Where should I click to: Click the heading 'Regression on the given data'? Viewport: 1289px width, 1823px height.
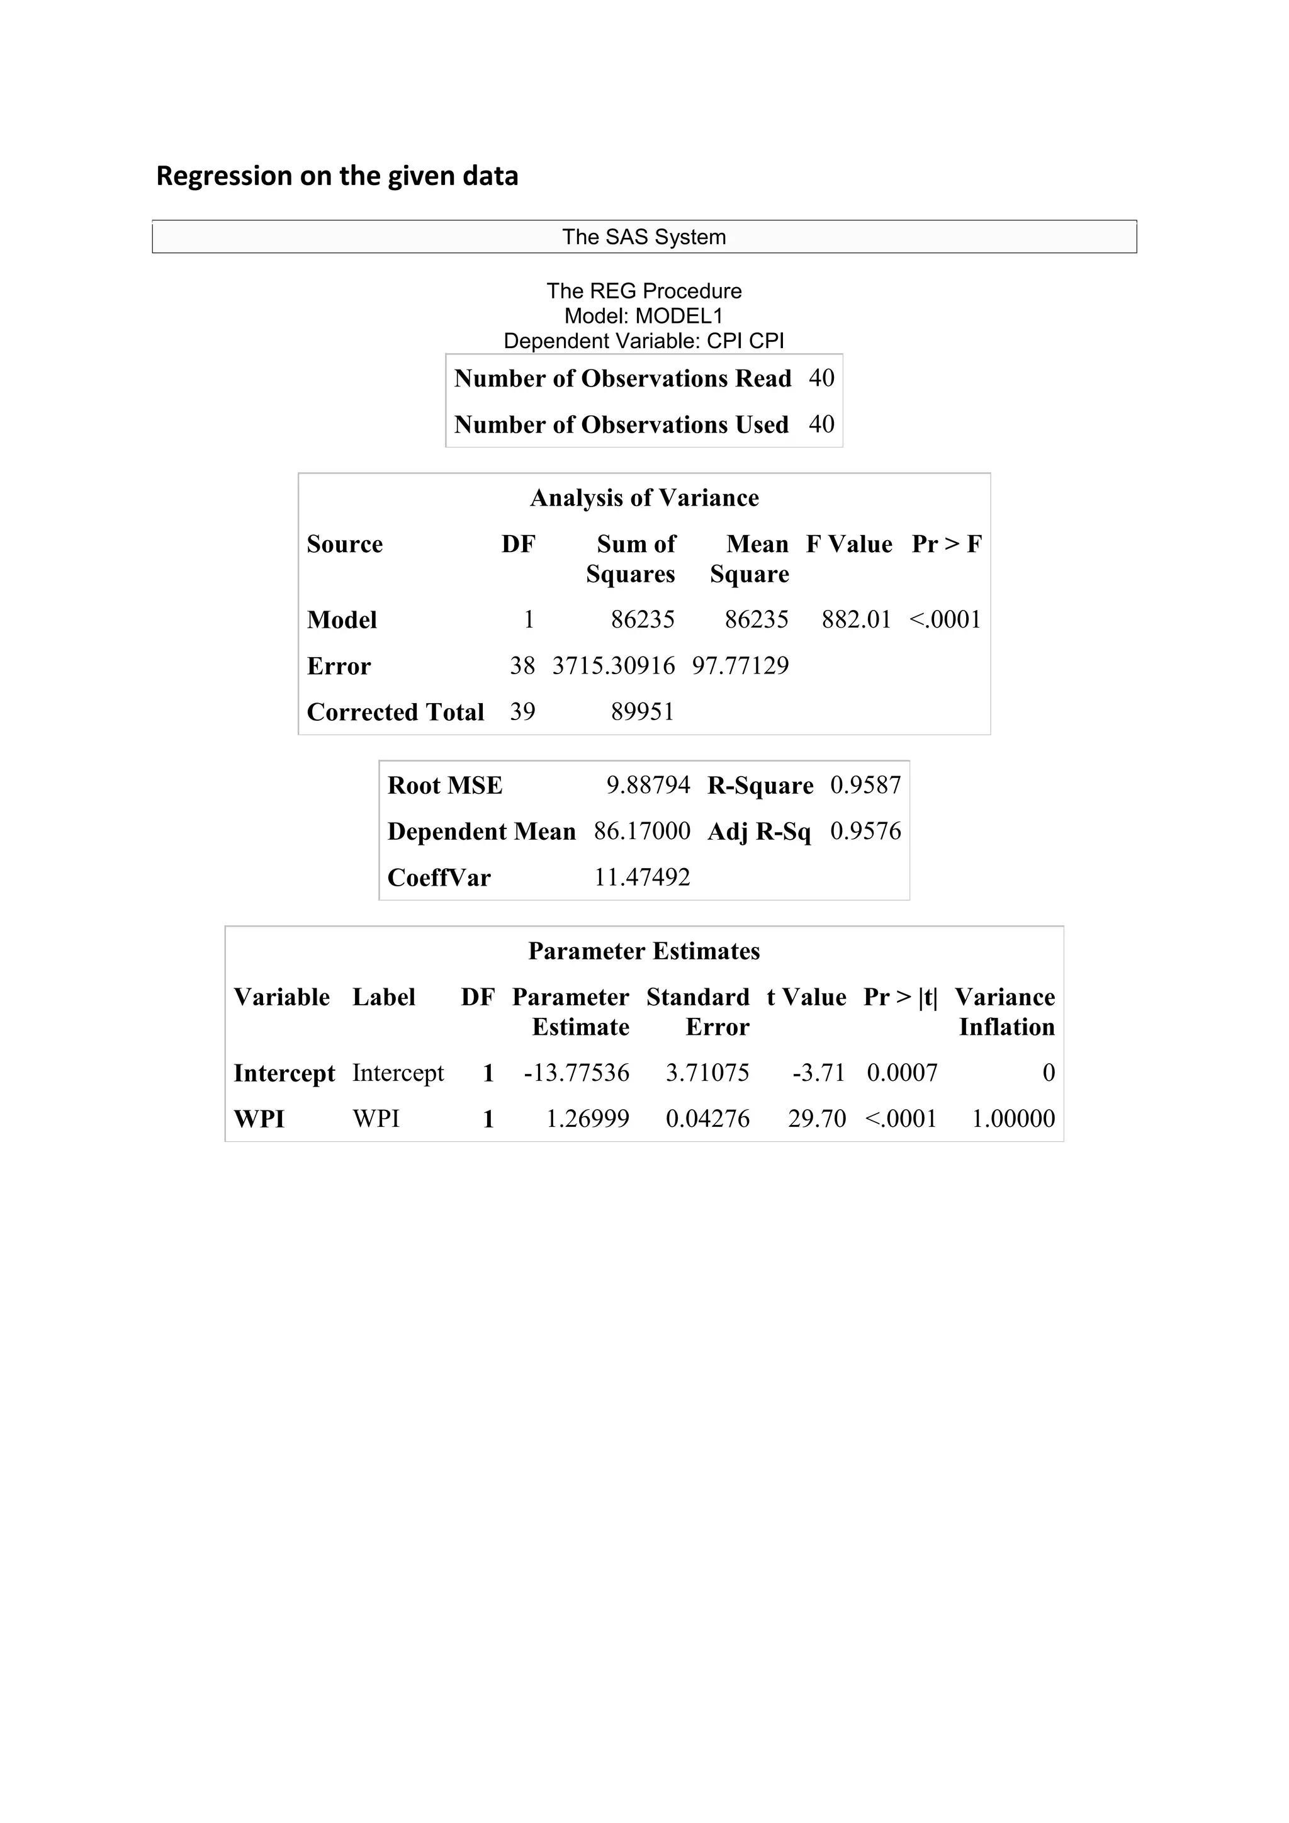(337, 176)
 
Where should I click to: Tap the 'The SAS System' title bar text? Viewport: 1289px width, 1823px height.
(644, 237)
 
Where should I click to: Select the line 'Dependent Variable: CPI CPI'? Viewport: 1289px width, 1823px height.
(644, 341)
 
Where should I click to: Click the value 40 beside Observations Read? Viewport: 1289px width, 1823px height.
(821, 378)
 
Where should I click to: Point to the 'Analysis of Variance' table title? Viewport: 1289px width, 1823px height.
(644, 498)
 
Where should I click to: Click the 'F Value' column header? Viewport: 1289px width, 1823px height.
(848, 544)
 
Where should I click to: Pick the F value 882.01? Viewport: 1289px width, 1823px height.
(857, 619)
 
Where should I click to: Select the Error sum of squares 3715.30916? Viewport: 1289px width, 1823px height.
(614, 665)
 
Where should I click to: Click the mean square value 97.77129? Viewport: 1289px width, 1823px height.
(741, 665)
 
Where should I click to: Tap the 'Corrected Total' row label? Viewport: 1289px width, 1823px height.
(395, 711)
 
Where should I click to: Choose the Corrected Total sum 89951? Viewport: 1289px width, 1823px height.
(642, 711)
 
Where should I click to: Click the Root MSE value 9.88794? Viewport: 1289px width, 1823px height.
(648, 785)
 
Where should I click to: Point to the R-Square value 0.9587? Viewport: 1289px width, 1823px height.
(865, 785)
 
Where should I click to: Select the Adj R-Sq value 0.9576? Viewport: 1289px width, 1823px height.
(865, 832)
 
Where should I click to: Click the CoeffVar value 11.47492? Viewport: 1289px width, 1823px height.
(642, 878)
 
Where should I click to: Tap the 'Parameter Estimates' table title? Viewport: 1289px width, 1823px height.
(644, 951)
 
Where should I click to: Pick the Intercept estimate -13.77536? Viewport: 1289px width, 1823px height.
(577, 1073)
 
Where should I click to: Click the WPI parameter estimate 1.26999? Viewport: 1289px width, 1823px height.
(587, 1119)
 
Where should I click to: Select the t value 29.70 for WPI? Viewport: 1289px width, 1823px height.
(817, 1119)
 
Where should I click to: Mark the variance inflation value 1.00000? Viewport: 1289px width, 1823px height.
(1013, 1119)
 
